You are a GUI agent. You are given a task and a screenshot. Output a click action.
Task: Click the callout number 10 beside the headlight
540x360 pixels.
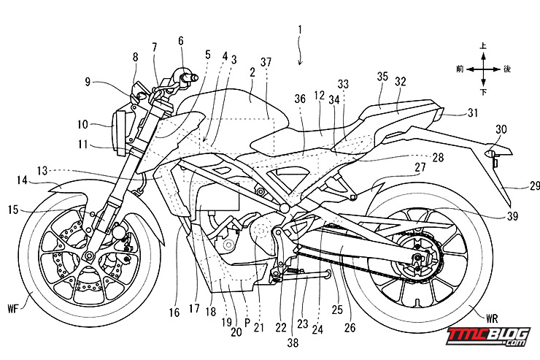click(x=82, y=124)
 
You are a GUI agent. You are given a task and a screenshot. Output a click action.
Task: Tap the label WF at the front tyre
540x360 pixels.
click(x=13, y=309)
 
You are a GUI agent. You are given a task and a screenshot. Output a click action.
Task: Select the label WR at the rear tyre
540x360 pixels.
click(x=492, y=318)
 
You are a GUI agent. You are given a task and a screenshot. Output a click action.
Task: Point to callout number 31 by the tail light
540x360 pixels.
click(x=473, y=112)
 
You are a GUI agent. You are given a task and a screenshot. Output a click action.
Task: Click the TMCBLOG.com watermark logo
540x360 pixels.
click(x=488, y=336)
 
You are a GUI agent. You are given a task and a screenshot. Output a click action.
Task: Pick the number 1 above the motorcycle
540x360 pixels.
click(x=300, y=31)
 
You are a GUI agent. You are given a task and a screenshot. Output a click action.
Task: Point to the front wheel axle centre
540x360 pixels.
click(x=90, y=255)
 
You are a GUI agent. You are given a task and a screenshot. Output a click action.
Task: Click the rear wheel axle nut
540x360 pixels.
click(x=417, y=257)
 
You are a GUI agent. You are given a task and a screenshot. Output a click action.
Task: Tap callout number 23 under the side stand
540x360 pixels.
click(x=302, y=323)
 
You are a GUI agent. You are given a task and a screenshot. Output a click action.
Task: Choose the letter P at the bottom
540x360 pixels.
click(x=247, y=323)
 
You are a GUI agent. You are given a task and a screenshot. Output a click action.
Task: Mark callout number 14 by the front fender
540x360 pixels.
click(x=22, y=180)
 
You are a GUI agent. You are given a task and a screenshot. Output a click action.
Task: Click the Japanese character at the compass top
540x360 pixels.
click(x=484, y=45)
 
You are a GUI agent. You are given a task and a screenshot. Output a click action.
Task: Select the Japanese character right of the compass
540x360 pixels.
click(x=507, y=69)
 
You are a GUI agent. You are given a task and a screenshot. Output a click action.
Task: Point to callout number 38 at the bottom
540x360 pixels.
click(x=293, y=342)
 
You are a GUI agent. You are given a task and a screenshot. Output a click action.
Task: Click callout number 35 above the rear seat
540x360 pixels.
click(x=382, y=77)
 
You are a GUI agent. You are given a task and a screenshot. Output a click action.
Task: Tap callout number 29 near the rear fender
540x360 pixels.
click(x=535, y=186)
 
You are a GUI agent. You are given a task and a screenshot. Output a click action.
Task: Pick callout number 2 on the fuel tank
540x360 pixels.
click(x=252, y=72)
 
